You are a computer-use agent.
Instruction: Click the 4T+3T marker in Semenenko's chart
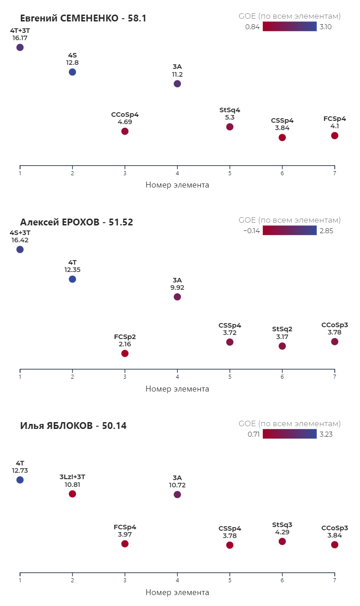click(x=20, y=47)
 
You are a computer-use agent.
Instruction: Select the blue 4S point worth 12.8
click(x=72, y=72)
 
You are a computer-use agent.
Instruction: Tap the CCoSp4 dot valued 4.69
click(x=125, y=131)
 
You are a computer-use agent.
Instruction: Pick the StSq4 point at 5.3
click(x=230, y=126)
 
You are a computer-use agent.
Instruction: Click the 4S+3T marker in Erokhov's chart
click(x=20, y=250)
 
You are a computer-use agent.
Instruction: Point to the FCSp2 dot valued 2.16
click(x=125, y=353)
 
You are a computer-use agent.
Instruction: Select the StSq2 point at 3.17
click(x=282, y=346)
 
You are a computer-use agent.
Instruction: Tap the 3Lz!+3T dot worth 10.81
click(x=72, y=494)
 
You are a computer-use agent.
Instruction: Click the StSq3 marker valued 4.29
click(x=282, y=541)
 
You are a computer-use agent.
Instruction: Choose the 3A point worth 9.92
click(x=177, y=297)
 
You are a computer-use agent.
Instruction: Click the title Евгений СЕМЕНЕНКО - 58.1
click(x=83, y=18)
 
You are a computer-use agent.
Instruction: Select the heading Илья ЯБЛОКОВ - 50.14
click(x=73, y=426)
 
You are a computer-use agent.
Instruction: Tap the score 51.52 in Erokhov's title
click(x=121, y=222)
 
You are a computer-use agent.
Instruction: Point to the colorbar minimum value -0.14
click(x=251, y=231)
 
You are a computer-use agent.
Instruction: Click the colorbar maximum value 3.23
click(x=326, y=434)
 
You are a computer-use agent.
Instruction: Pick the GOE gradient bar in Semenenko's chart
click(x=290, y=26)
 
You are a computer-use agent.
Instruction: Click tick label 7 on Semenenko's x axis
click(x=334, y=173)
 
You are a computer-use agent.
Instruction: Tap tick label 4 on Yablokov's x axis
click(x=177, y=580)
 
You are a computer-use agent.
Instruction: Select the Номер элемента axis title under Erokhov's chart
click(x=177, y=389)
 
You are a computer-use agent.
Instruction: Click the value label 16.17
click(x=20, y=38)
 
